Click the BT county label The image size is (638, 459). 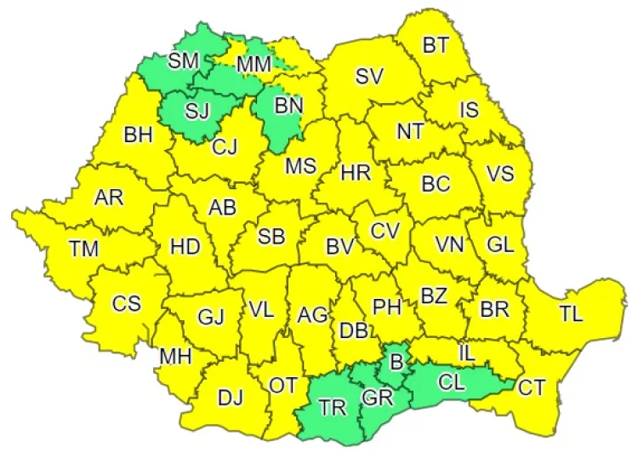click(436, 46)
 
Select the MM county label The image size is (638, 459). click(253, 64)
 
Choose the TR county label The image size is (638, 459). click(333, 407)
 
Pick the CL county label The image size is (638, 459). click(451, 382)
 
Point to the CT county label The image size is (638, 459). click(532, 388)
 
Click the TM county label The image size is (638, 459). click(84, 250)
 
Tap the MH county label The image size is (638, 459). click(174, 356)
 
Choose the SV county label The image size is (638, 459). click(369, 76)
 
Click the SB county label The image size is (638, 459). click(271, 238)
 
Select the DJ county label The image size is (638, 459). click(231, 396)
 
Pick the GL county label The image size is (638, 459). click(500, 244)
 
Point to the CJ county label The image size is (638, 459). click(225, 147)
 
